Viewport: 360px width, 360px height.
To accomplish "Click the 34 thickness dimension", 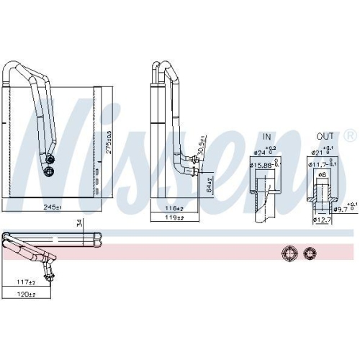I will tap(78, 225).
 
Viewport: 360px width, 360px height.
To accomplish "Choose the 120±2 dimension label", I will tap(27, 295).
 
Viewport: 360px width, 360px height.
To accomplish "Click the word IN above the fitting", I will tap(267, 136).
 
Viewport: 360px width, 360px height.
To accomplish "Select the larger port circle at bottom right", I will tap(289, 253).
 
